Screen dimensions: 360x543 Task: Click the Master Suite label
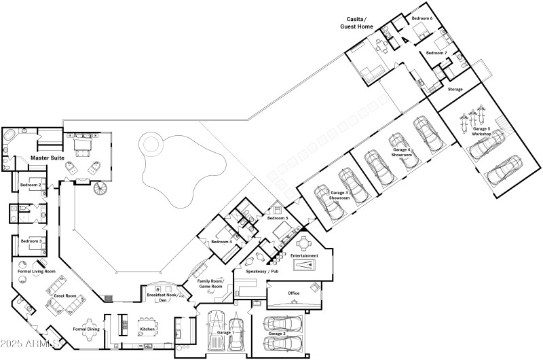(x=29, y=158)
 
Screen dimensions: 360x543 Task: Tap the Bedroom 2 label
(x=31, y=185)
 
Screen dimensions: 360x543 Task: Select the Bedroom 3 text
(x=31, y=241)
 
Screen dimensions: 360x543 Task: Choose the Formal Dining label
(x=86, y=329)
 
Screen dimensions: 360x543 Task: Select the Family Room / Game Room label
(x=210, y=283)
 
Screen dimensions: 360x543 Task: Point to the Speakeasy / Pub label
(x=263, y=271)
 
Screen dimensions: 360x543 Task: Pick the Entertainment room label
(x=305, y=255)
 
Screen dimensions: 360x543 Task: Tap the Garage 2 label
(x=276, y=334)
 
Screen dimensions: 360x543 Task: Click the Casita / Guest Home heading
(x=356, y=24)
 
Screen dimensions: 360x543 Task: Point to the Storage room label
(x=455, y=89)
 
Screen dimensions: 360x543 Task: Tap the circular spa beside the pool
(x=151, y=144)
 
